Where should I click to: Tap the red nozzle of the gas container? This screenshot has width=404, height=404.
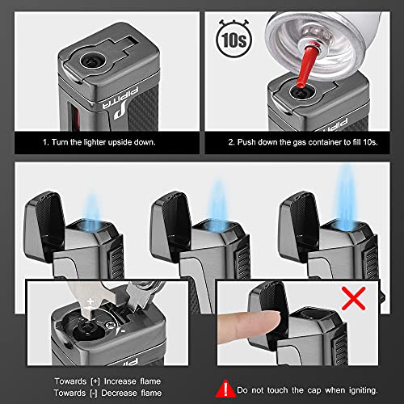pyautogui.click(x=309, y=67)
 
